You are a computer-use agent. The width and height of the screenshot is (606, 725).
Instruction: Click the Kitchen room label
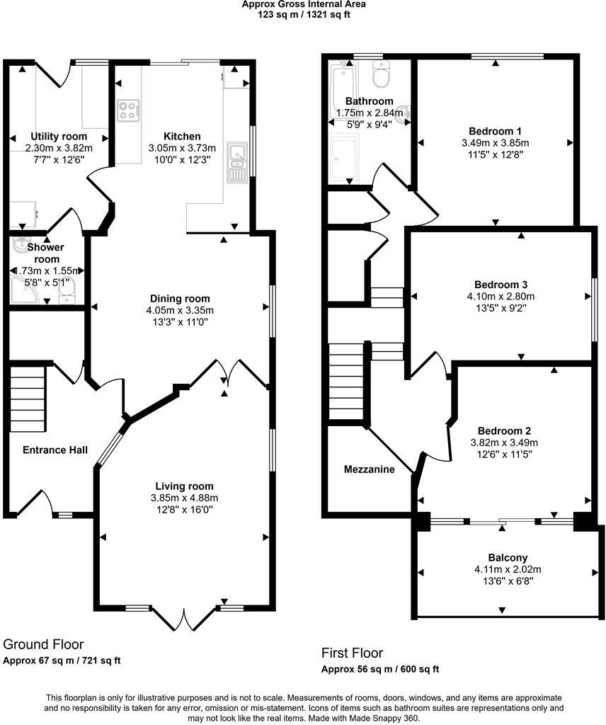(x=182, y=136)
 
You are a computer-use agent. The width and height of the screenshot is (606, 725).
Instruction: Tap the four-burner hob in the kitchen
(x=129, y=110)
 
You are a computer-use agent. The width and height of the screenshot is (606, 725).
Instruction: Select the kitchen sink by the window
(x=236, y=159)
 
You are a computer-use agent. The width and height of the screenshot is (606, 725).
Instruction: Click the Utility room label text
(x=59, y=136)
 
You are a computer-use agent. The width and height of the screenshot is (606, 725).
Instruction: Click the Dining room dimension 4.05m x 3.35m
(x=181, y=310)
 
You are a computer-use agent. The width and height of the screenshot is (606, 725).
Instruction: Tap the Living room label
(x=184, y=486)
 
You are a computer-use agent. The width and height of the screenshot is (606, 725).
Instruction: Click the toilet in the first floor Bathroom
(x=382, y=72)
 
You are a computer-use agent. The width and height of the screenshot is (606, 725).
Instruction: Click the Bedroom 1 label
(x=495, y=131)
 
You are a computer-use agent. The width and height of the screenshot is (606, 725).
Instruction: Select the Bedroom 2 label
(x=504, y=430)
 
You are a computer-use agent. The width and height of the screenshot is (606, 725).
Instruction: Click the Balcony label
(x=508, y=557)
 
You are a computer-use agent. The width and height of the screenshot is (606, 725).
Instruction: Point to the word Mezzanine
(x=369, y=469)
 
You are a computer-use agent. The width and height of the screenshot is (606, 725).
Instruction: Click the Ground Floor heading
(x=43, y=644)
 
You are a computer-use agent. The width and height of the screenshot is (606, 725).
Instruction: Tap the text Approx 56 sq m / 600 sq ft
(x=380, y=668)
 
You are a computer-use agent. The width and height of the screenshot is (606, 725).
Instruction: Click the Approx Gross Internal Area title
(x=304, y=4)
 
